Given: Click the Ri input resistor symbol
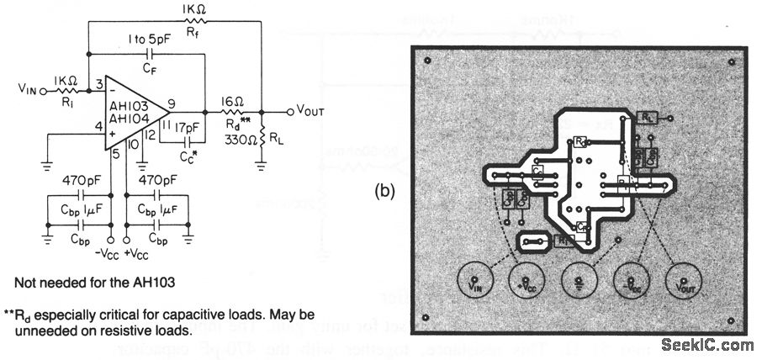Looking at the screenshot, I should (x=67, y=87).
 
